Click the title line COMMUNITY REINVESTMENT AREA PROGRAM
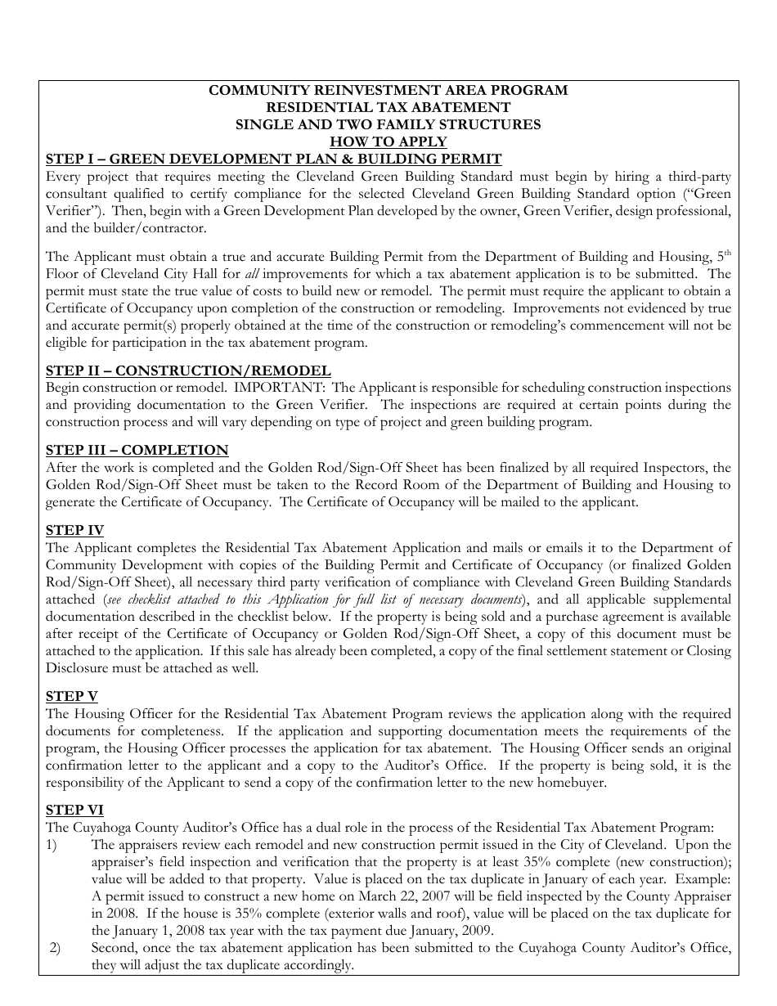[x=388, y=91]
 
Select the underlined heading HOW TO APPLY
[x=388, y=141]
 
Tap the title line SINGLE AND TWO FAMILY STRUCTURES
[x=388, y=124]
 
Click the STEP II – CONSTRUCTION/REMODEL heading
[x=188, y=371]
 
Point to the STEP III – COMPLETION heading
[x=137, y=450]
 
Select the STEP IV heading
[x=74, y=530]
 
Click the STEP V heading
[x=71, y=696]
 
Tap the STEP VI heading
[x=74, y=810]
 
